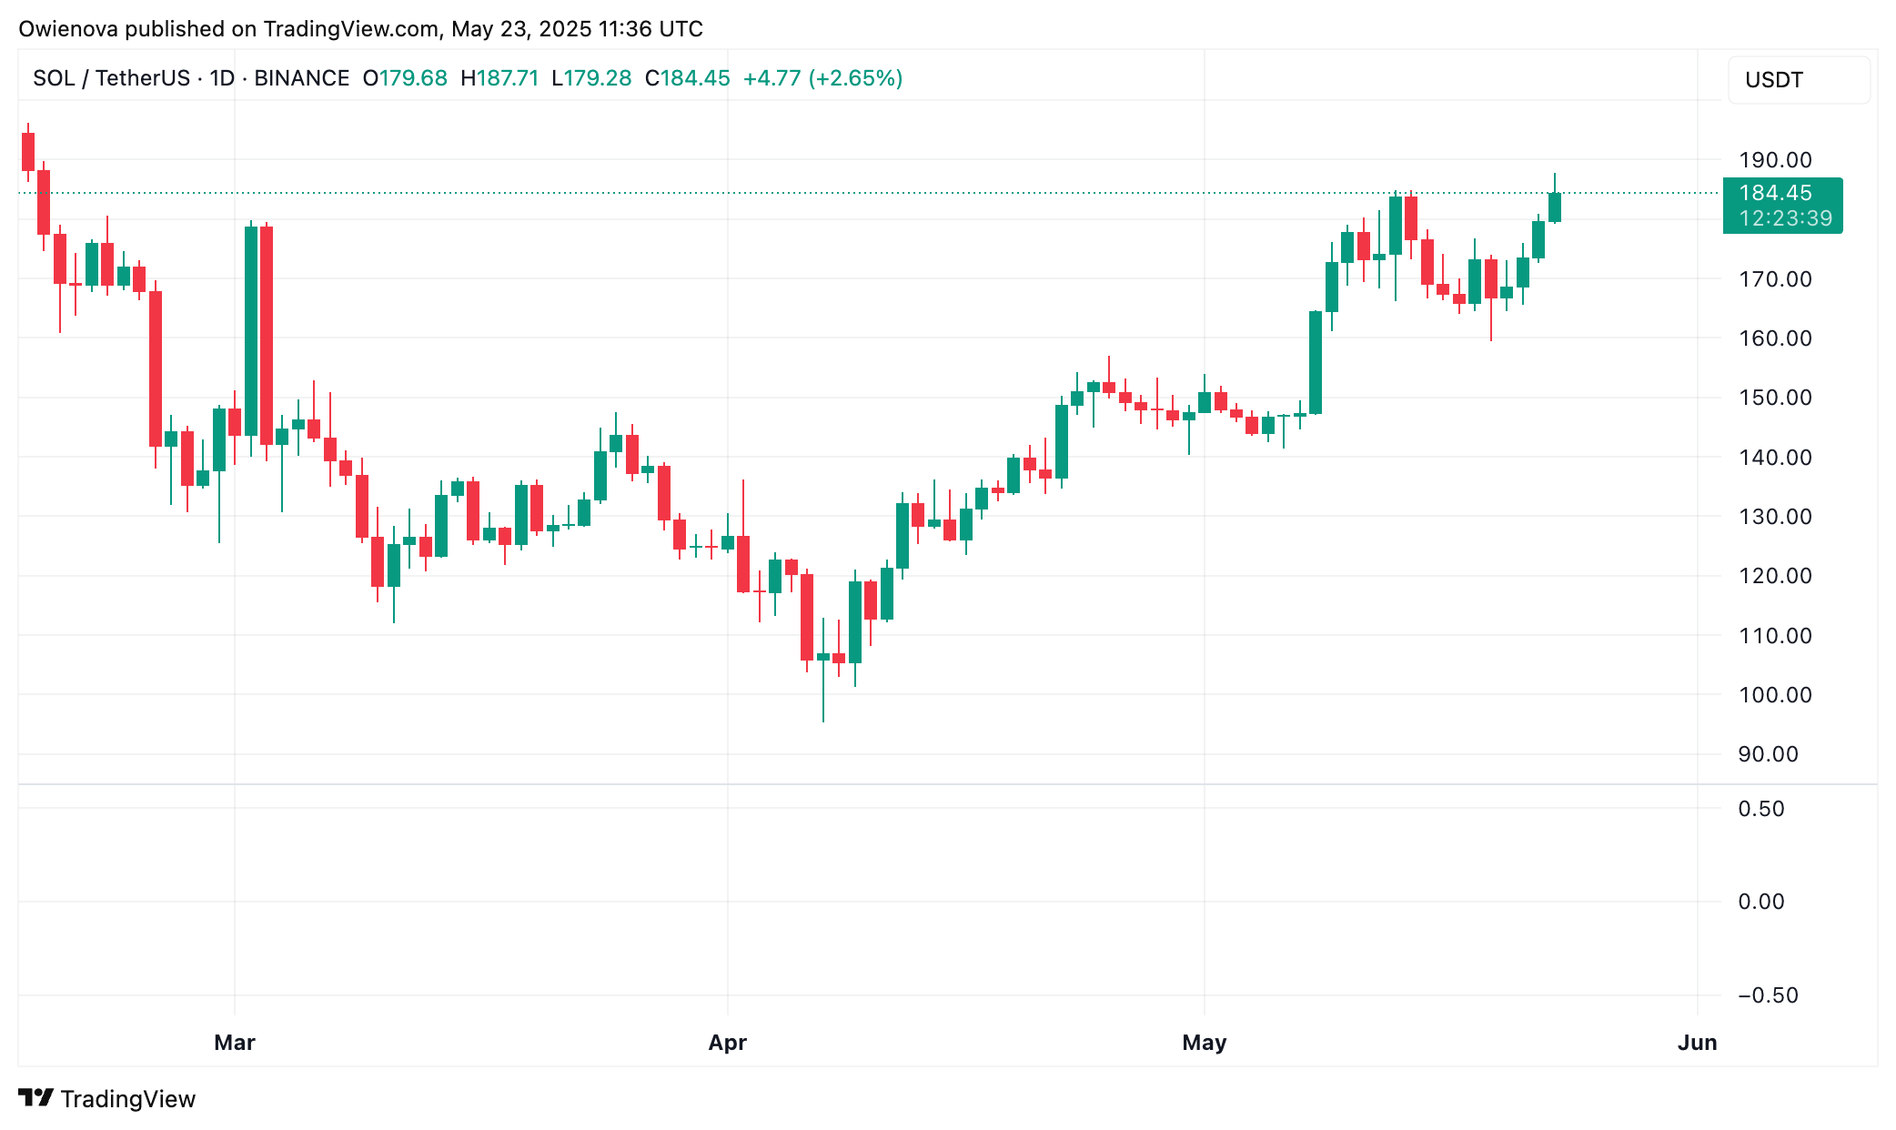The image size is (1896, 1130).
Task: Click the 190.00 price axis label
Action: (x=1774, y=160)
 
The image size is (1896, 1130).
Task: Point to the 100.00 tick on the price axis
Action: (x=1774, y=695)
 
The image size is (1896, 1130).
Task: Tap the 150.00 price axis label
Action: (x=1774, y=398)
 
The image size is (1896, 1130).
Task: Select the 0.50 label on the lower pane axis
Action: (x=1760, y=809)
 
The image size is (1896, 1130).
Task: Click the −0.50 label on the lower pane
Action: (x=1767, y=995)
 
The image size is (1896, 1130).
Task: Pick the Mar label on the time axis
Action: (x=235, y=1043)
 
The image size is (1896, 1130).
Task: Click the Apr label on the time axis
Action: (x=728, y=1043)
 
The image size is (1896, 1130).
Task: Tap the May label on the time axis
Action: (x=1204, y=1043)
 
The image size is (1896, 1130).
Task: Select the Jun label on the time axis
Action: (x=1697, y=1043)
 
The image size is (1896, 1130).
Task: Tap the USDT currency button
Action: (x=1774, y=80)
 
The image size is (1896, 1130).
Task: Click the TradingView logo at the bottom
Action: (x=107, y=1099)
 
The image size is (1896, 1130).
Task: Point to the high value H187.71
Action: (x=499, y=78)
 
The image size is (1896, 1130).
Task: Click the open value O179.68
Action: (x=405, y=78)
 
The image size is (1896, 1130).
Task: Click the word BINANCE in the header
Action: (x=301, y=78)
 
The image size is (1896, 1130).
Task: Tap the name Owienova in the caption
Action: (x=68, y=29)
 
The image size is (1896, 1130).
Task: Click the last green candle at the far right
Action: (x=1555, y=207)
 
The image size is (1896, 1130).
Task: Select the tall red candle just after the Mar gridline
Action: (x=267, y=335)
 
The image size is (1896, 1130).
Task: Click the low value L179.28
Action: (x=591, y=78)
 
